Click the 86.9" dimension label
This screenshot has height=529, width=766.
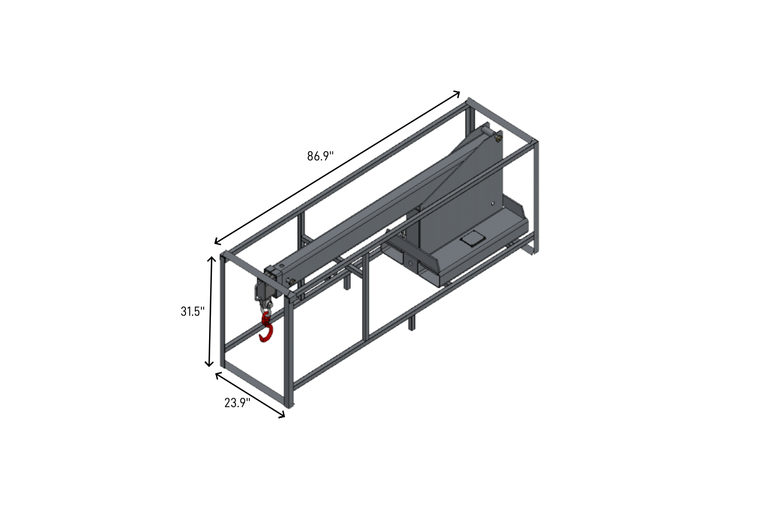tap(320, 156)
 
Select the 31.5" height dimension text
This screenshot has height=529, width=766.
tap(193, 311)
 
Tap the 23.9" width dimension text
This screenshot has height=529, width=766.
tap(237, 403)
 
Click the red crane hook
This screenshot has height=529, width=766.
tap(266, 327)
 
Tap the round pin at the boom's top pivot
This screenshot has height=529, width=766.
tap(486, 130)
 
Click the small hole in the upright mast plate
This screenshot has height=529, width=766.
tap(493, 203)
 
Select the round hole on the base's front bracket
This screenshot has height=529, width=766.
tap(409, 263)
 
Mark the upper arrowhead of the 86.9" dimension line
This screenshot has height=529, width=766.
tap(457, 93)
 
